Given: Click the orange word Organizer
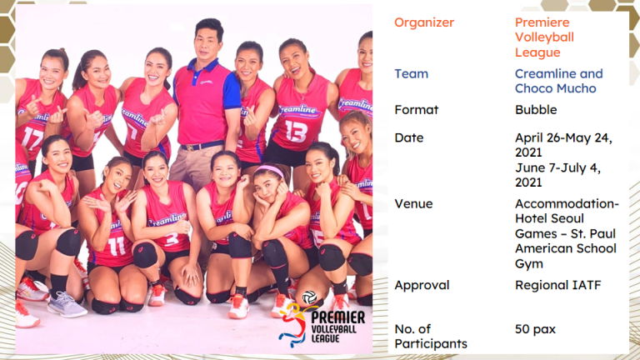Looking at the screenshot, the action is [424, 22].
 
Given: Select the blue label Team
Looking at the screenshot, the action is [411, 74].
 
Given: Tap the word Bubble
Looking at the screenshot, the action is [536, 110].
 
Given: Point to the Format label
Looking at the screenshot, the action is [417, 110].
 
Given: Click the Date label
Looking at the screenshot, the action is [409, 138].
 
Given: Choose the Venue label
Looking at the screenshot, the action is [413, 203].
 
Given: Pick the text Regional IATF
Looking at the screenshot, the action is [558, 285].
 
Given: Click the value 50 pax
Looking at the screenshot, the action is [535, 329].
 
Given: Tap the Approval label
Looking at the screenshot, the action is [422, 285].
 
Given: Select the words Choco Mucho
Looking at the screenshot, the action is [556, 88].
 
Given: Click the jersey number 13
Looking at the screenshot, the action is [297, 131].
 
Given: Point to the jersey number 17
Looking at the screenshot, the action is [32, 137].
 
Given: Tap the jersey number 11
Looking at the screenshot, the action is [117, 246].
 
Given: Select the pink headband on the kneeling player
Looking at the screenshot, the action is [270, 170].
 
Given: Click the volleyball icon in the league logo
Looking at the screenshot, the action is [309, 297].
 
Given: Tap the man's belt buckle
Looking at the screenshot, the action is [189, 147].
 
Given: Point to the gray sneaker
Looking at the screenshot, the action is [65, 305].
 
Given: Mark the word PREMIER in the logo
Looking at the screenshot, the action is [338, 317].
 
